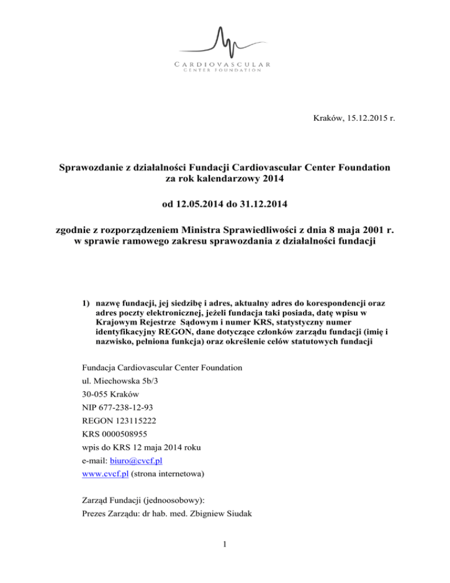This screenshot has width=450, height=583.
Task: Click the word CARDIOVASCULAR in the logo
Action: (225, 63)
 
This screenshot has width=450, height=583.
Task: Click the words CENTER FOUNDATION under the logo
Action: (225, 70)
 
